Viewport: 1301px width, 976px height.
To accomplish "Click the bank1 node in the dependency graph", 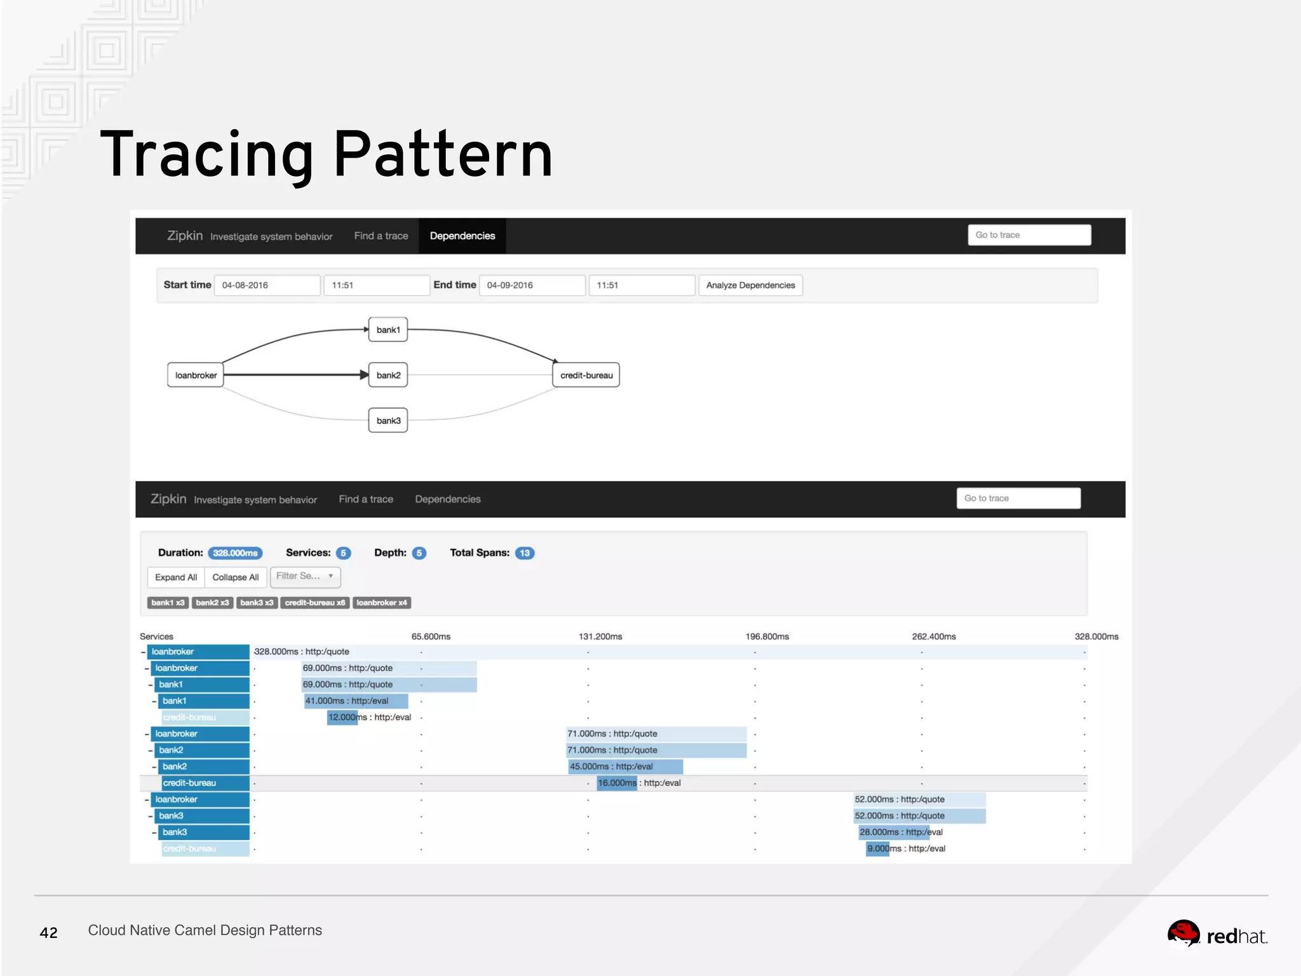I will pyautogui.click(x=388, y=330).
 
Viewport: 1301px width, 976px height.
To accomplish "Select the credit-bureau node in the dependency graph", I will pyautogui.click(x=586, y=376).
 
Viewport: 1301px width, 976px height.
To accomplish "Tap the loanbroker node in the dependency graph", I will pyautogui.click(x=196, y=376).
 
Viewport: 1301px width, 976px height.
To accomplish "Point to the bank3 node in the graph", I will pyautogui.click(x=388, y=421).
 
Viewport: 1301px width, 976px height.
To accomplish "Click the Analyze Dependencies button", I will pyautogui.click(x=750, y=285).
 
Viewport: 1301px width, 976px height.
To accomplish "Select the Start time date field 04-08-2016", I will pyautogui.click(x=267, y=285).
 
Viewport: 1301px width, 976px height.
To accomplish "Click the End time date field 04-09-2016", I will pyautogui.click(x=532, y=285).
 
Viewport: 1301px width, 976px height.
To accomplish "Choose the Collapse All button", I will pyautogui.click(x=235, y=577).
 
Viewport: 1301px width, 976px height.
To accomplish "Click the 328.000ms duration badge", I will pyautogui.click(x=235, y=553).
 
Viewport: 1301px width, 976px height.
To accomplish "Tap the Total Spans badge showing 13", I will pyautogui.click(x=525, y=553).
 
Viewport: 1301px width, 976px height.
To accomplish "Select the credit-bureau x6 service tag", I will pyautogui.click(x=314, y=602).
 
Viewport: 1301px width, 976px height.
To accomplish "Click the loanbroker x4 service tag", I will pyautogui.click(x=382, y=602).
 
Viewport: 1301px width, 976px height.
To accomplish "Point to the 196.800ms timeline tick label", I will pyautogui.click(x=767, y=636).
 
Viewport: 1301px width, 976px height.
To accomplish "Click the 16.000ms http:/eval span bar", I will pyautogui.click(x=617, y=783).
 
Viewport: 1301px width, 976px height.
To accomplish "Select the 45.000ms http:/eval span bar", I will pyautogui.click(x=626, y=766).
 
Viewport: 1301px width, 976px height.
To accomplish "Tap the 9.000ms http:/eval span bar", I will pyautogui.click(x=878, y=848).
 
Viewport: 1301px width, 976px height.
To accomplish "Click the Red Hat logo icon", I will pyautogui.click(x=1183, y=933).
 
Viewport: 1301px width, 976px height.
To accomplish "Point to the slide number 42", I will pyautogui.click(x=49, y=933).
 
